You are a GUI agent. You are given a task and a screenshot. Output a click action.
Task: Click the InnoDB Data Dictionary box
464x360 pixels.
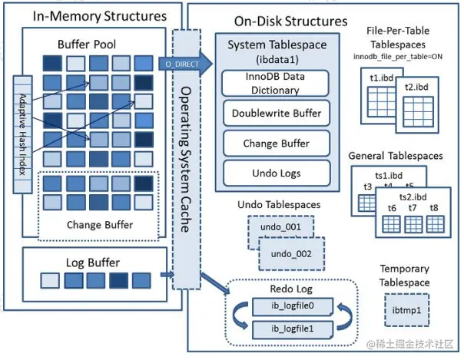(x=276, y=83)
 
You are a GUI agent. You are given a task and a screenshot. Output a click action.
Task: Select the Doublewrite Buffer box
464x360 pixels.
(x=276, y=114)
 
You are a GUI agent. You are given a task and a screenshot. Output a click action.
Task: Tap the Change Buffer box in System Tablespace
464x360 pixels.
(x=276, y=144)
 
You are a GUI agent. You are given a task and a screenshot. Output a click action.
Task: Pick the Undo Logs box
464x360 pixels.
(x=276, y=173)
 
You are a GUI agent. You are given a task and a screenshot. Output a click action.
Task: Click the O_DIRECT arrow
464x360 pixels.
(x=179, y=64)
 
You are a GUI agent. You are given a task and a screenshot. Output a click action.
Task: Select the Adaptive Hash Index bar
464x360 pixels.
(x=21, y=136)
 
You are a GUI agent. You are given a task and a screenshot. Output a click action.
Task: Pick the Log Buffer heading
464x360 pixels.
(x=93, y=263)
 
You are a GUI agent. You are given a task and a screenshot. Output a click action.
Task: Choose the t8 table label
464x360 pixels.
(x=435, y=208)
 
